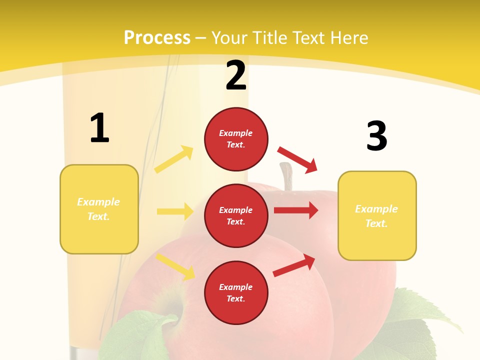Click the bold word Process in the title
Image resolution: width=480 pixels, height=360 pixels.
point(157,38)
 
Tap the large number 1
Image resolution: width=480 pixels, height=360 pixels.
point(99,128)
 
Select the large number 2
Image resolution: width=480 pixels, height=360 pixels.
point(236,75)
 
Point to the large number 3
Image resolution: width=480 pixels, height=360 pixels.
point(377,136)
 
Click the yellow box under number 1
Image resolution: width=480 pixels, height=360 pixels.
point(99,209)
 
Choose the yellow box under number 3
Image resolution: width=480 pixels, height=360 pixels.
point(377,216)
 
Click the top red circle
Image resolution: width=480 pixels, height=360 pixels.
point(236,139)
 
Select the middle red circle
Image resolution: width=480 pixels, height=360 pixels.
point(236,215)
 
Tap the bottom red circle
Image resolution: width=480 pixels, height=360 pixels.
point(236,292)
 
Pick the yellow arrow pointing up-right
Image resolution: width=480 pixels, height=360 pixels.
point(174,159)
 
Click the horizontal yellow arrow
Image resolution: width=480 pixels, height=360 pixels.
point(175,211)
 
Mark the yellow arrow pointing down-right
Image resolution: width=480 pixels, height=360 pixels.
point(175,266)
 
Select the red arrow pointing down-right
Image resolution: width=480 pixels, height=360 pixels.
point(297,159)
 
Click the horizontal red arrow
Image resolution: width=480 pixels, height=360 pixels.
point(296,210)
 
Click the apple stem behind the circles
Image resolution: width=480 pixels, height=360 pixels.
point(286,176)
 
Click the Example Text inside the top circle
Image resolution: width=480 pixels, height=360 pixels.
point(236,139)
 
